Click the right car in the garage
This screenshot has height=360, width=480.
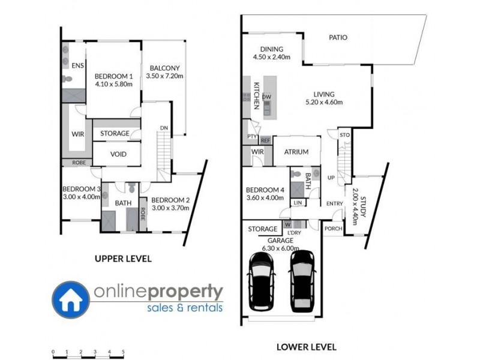click(x=302, y=281)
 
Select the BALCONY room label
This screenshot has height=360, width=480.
click(x=164, y=68)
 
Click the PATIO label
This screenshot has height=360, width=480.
click(x=338, y=37)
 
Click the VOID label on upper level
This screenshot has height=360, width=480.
click(x=117, y=154)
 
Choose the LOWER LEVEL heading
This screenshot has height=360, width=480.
click(x=306, y=347)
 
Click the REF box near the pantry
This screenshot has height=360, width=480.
click(x=265, y=140)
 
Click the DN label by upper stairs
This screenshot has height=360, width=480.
click(x=163, y=128)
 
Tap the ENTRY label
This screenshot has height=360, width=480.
click(x=334, y=204)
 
